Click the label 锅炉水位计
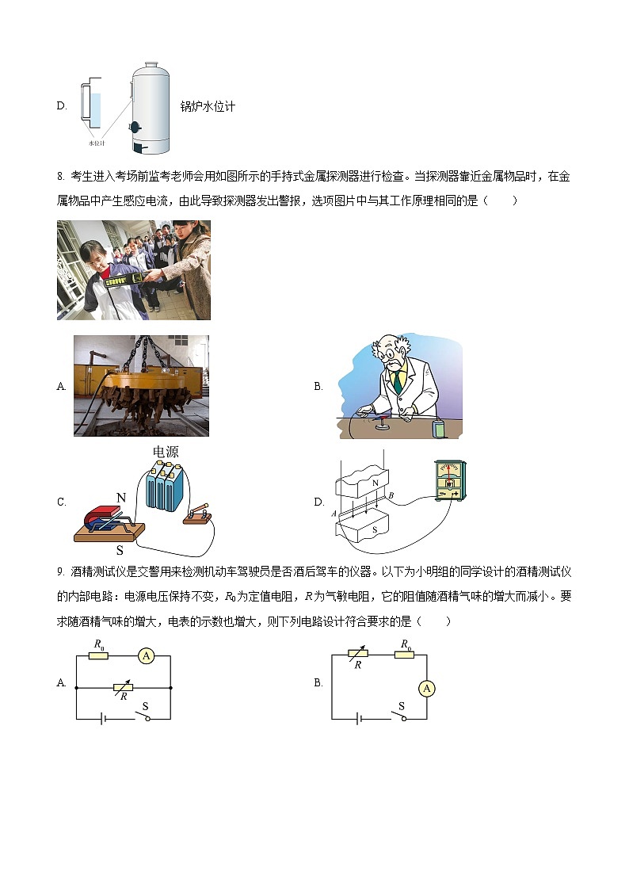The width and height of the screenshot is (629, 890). [x=208, y=106]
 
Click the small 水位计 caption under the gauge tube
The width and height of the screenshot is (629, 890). [x=97, y=143]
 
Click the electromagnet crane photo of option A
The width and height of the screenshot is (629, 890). [x=141, y=385]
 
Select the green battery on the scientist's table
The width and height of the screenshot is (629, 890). [x=438, y=429]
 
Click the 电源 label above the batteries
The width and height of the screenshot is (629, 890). [x=166, y=452]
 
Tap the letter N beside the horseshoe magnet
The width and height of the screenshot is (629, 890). [x=121, y=498]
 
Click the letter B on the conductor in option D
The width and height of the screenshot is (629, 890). [x=391, y=495]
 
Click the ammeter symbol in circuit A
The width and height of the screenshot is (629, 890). [x=145, y=655]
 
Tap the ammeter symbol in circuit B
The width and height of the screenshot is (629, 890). [x=427, y=688]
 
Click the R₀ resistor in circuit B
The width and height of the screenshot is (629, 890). [x=405, y=655]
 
